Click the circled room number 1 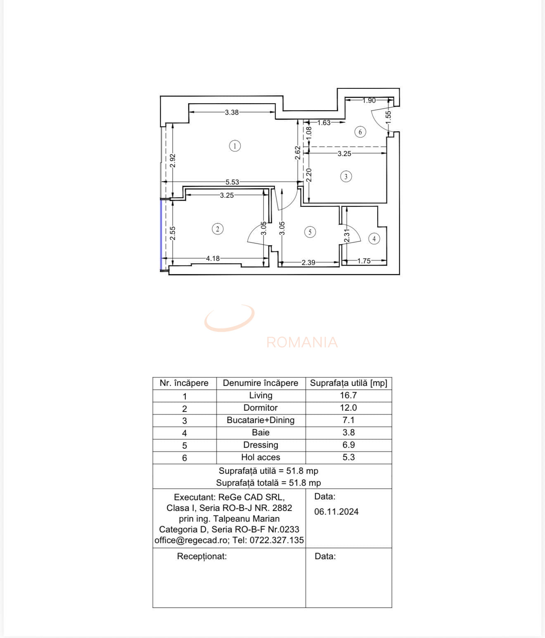235,146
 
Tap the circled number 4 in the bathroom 374,239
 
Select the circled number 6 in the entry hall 360,132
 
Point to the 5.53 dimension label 232,182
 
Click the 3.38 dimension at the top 232,112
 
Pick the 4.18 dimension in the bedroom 213,258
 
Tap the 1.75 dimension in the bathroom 364,261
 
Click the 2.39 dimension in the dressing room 308,262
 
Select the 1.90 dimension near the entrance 369,100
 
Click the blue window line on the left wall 161,235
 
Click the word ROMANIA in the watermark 302,343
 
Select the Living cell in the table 261,395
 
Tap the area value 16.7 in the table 348,395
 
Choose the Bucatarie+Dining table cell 261,420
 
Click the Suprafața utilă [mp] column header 348,383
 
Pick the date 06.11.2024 336,512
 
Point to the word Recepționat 202,556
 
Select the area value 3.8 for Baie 348,432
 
